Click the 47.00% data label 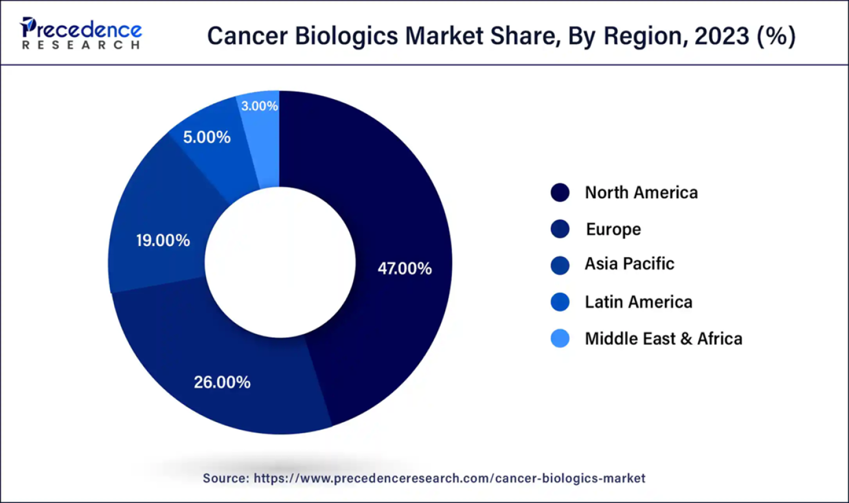pyautogui.click(x=404, y=269)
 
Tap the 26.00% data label pyautogui.click(x=222, y=383)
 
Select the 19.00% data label pyautogui.click(x=163, y=241)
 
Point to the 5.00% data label pyautogui.click(x=206, y=137)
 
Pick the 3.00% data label pyautogui.click(x=259, y=106)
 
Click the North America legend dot pyautogui.click(x=560, y=193)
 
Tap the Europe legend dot pyautogui.click(x=560, y=229)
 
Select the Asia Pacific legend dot pyautogui.click(x=560, y=265)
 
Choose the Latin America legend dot pyautogui.click(x=560, y=302)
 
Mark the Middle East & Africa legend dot pyautogui.click(x=560, y=338)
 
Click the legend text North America pyautogui.click(x=641, y=193)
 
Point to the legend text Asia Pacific pyautogui.click(x=629, y=264)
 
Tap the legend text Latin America pyautogui.click(x=639, y=302)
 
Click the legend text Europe pyautogui.click(x=613, y=229)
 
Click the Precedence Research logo pyautogui.click(x=81, y=34)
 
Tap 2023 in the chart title pyautogui.click(x=721, y=36)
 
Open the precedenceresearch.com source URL pyautogui.click(x=449, y=478)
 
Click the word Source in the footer pyautogui.click(x=225, y=478)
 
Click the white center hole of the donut pyautogui.click(x=280, y=263)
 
